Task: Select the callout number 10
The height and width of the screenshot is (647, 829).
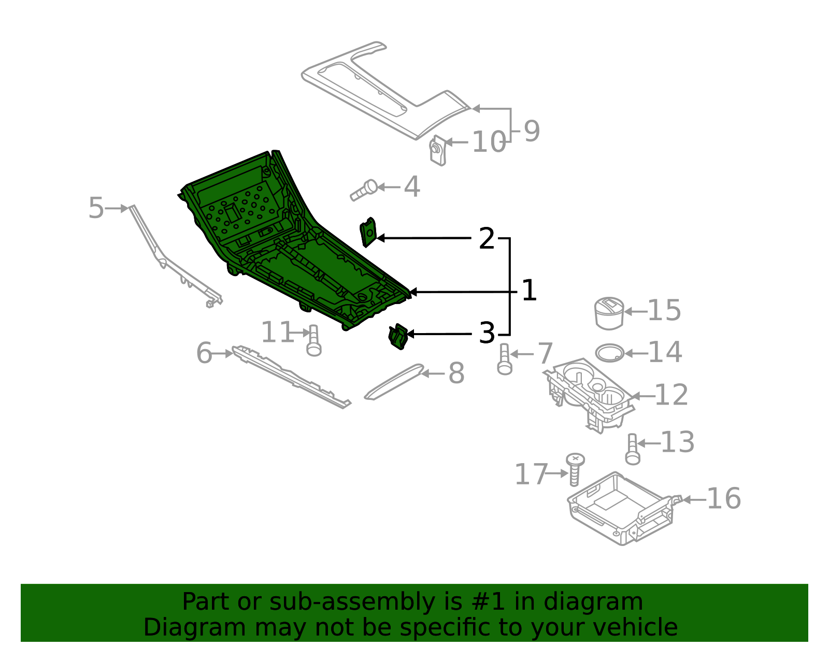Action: click(489, 142)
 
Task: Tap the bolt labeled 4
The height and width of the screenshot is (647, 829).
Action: click(365, 191)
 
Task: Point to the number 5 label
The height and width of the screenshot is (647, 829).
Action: click(96, 208)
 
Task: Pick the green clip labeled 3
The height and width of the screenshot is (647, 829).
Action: click(398, 337)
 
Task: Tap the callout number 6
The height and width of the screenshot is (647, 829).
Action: click(204, 353)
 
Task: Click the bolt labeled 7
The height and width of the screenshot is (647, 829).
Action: click(504, 360)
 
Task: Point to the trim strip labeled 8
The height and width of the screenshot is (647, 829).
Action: click(394, 382)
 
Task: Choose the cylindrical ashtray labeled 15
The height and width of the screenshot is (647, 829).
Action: click(609, 313)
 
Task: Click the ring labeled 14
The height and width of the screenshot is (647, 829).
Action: click(609, 353)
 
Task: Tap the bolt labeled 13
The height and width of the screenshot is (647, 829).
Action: click(632, 449)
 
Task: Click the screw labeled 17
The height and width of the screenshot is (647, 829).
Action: click(575, 469)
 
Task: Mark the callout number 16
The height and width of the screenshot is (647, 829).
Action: click(723, 499)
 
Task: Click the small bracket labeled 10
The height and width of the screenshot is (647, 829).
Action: click(438, 151)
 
